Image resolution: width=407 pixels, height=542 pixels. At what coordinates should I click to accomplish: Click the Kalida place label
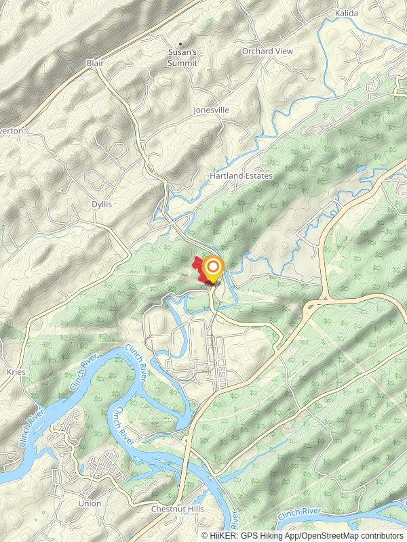[346, 13]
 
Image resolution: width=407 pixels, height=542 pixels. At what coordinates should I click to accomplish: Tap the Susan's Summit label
[182, 58]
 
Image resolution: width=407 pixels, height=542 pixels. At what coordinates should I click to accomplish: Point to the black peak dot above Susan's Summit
[181, 44]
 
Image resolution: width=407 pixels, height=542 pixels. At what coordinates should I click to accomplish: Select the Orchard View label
[267, 51]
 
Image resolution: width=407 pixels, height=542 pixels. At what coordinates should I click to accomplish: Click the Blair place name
[95, 62]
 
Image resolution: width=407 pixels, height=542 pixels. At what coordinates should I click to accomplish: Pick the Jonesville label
[211, 110]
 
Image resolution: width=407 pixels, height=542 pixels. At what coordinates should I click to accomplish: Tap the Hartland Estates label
[241, 176]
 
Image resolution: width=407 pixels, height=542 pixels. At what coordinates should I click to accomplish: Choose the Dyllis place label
[101, 203]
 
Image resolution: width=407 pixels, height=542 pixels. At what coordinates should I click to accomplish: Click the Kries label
[16, 372]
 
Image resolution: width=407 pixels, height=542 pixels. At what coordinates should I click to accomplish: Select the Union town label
[90, 503]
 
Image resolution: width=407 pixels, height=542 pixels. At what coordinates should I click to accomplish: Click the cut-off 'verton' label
[12, 130]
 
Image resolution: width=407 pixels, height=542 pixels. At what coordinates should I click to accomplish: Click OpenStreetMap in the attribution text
[328, 535]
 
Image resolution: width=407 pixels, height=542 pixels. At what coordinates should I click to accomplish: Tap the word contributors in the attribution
[381, 535]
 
